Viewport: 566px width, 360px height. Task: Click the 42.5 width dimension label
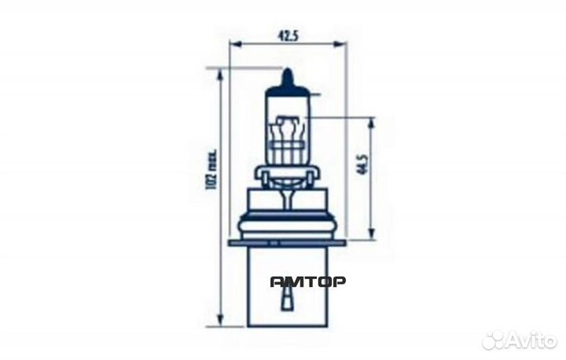pyautogui.click(x=289, y=35)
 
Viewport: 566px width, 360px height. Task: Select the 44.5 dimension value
pyautogui.click(x=362, y=164)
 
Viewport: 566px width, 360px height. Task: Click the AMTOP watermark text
pyautogui.click(x=308, y=281)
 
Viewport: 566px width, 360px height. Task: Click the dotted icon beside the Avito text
pyautogui.click(x=494, y=340)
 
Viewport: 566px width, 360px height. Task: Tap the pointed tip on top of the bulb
pyautogui.click(x=288, y=69)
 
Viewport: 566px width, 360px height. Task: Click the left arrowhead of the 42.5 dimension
pyautogui.click(x=235, y=44)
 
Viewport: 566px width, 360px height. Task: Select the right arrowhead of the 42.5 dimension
pyautogui.click(x=338, y=44)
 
